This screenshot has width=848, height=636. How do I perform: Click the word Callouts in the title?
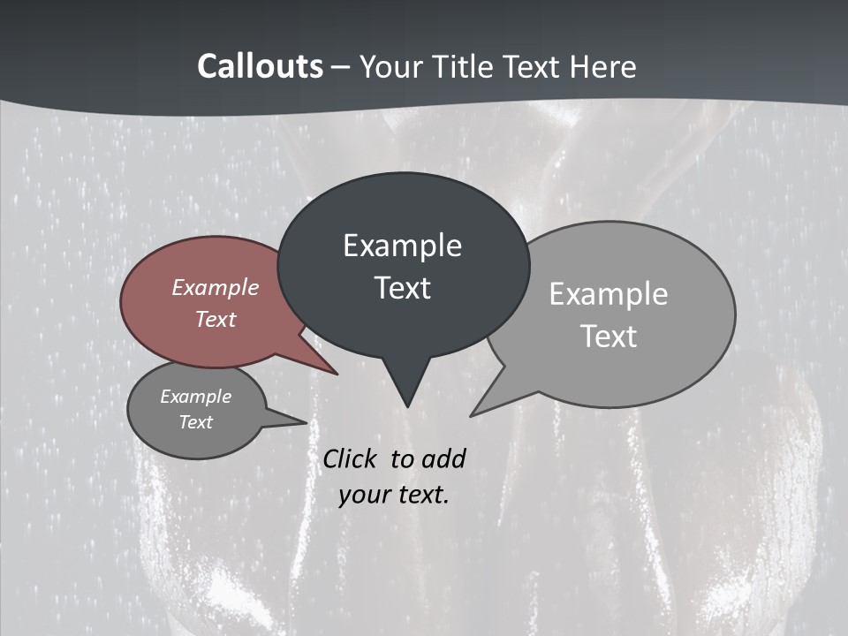260,66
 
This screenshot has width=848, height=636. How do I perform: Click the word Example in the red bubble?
216,287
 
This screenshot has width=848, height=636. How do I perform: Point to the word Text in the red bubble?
216,319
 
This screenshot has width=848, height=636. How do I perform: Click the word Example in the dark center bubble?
402,246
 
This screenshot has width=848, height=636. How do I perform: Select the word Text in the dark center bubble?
402,288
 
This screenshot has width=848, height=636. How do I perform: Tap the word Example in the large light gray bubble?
609,294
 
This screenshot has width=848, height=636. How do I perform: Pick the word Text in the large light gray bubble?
609,337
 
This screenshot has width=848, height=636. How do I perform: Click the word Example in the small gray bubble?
196,397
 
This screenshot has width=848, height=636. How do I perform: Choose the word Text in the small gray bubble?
196,422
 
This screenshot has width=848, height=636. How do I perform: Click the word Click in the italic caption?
351,458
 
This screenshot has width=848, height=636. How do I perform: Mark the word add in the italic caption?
443,458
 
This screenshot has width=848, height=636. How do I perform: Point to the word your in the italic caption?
364,494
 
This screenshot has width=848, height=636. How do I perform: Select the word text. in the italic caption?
421,494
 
